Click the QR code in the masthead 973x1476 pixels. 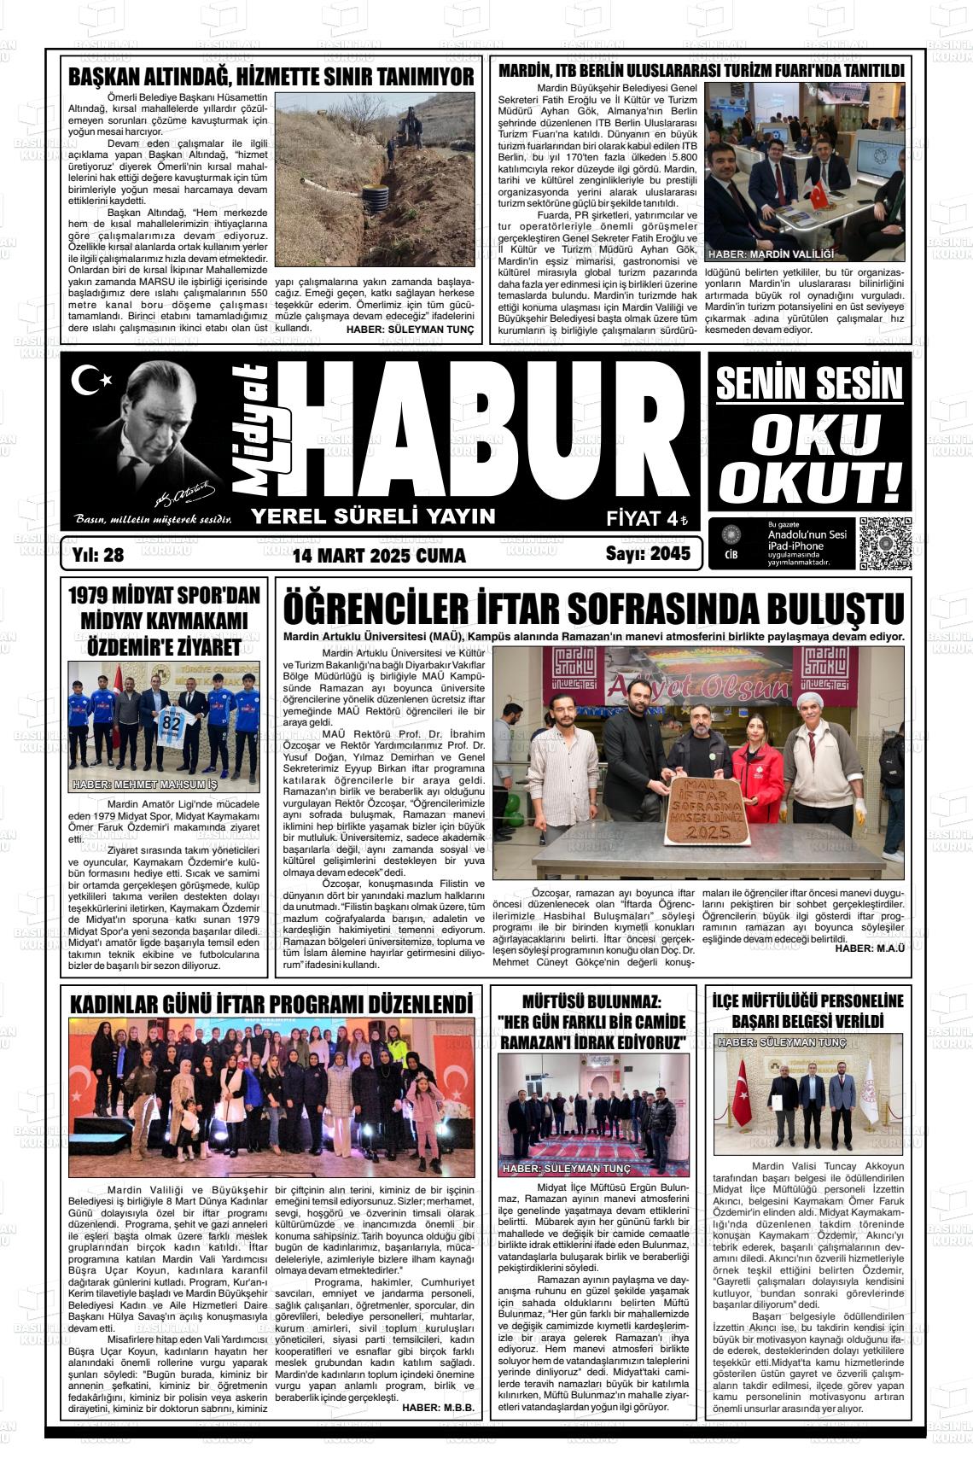pyautogui.click(x=885, y=543)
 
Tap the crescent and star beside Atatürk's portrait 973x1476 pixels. pyautogui.click(x=86, y=381)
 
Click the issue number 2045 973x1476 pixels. pyautogui.click(x=669, y=555)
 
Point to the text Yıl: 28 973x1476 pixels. pyautogui.click(x=99, y=555)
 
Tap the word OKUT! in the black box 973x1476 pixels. pyautogui.click(x=809, y=481)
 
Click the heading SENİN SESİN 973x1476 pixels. pyautogui.click(x=808, y=384)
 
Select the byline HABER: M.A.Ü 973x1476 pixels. pyautogui.click(x=869, y=948)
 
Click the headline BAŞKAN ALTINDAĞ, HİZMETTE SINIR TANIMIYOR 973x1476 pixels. pyautogui.click(x=271, y=77)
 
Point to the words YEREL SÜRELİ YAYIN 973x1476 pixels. pyautogui.click(x=372, y=516)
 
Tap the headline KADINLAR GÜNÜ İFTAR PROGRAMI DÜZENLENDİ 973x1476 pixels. pyautogui.click(x=271, y=1003)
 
